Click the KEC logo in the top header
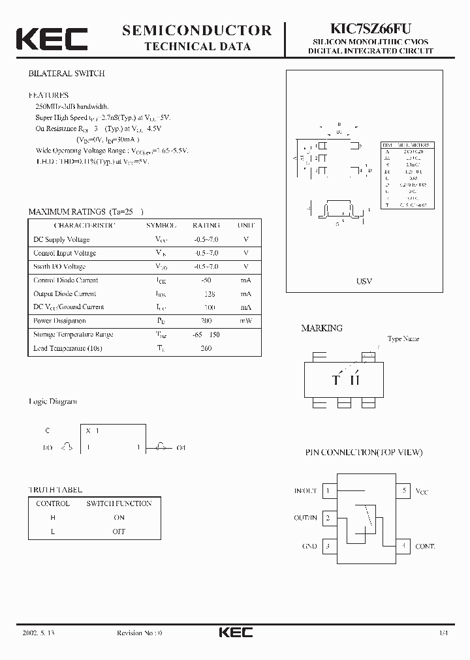tap(52, 39)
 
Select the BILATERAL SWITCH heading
tap(66, 74)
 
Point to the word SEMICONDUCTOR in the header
tap(197, 30)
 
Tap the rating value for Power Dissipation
tap(206, 321)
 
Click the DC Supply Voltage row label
tap(61, 239)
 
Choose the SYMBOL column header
tap(161, 225)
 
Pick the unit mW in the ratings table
tap(245, 321)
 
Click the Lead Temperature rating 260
tap(206, 348)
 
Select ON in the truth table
tap(119, 517)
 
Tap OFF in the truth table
tap(119, 532)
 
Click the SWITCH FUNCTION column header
tap(119, 503)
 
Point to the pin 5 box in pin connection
tap(405, 490)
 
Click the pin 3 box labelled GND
tap(327, 546)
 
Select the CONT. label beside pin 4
tap(425, 546)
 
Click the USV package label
tap(364, 281)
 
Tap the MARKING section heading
tap(321, 328)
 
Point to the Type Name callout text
tap(403, 339)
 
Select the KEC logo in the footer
tap(234, 633)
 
